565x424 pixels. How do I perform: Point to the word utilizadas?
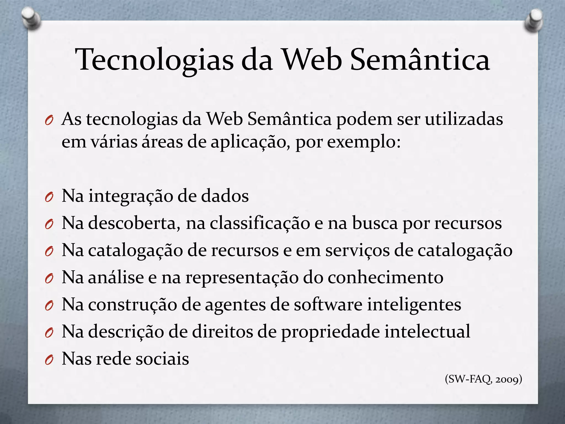464,120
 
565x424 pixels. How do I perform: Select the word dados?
225,196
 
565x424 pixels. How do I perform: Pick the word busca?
375,223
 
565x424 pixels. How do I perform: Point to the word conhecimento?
385,277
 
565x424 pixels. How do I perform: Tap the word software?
328,304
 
